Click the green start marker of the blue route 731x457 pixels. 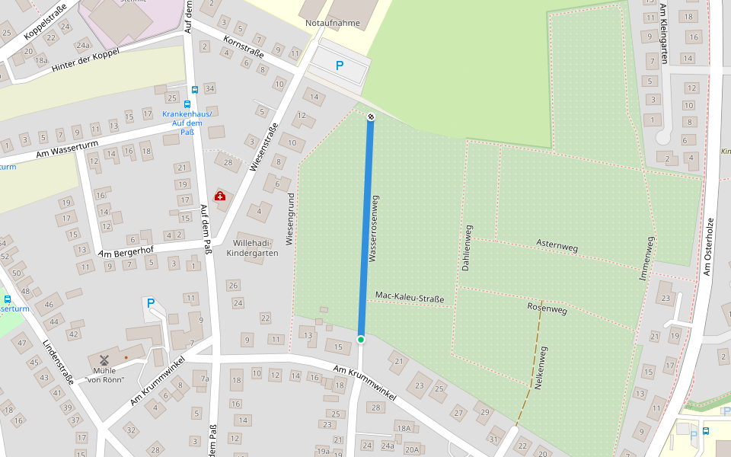(361, 339)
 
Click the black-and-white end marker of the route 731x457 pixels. (371, 117)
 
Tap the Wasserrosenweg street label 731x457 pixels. (373, 229)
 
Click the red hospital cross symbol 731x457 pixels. (220, 197)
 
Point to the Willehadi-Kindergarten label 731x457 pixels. (253, 248)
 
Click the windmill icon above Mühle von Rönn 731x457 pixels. (104, 360)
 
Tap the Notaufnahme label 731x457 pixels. (332, 23)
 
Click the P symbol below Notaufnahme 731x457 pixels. (340, 66)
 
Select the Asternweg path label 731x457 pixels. (557, 246)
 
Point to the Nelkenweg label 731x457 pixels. (542, 368)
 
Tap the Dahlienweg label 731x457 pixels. (467, 248)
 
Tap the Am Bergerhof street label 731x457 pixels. (126, 251)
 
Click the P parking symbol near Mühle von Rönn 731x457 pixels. (151, 303)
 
